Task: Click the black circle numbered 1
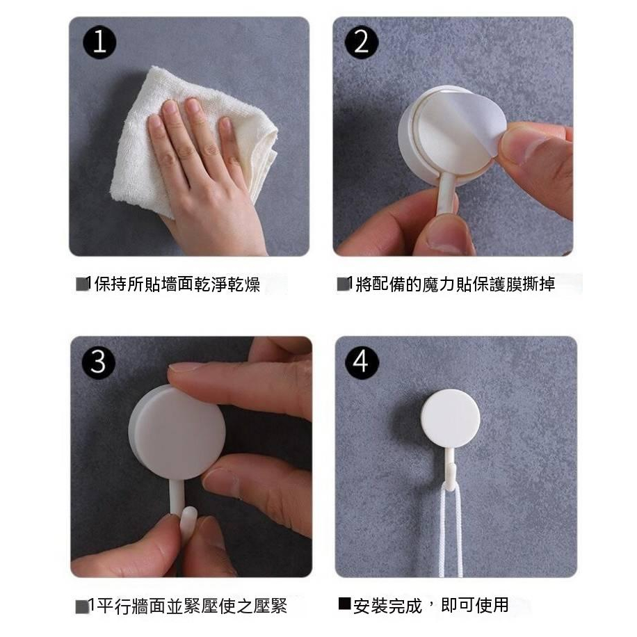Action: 99,42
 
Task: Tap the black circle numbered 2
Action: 361,42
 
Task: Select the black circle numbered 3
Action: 99,362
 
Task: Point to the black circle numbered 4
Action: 361,362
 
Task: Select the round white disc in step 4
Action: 450,418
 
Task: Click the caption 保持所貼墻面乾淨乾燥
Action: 177,284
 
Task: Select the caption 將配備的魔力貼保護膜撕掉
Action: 455,284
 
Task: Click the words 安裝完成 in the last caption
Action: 387,606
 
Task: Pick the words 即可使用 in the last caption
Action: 475,605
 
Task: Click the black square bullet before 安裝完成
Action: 344,604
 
